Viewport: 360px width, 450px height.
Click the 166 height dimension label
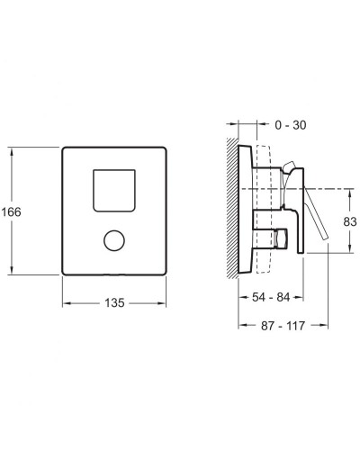click(12, 212)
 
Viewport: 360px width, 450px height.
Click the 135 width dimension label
click(114, 303)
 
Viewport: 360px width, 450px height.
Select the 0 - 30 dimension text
click(291, 125)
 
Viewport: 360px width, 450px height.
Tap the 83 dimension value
click(350, 221)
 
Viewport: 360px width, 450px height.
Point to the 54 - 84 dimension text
click(271, 297)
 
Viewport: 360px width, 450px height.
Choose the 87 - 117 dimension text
click(283, 326)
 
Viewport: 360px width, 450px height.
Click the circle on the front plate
click(114, 241)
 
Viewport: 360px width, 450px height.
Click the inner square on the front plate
click(114, 191)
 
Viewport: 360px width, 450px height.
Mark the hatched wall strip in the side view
click(232, 208)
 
